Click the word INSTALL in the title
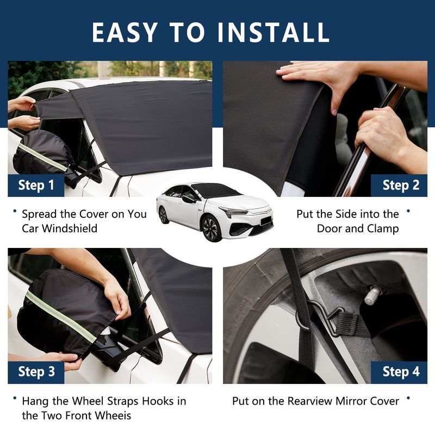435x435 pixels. click(x=274, y=33)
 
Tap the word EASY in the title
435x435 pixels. click(x=125, y=33)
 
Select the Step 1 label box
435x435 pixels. click(x=36, y=185)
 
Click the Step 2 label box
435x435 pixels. click(x=399, y=185)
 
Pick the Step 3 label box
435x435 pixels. click(x=36, y=372)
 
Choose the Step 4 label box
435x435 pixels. click(x=399, y=372)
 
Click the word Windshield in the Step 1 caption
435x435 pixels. click(x=70, y=228)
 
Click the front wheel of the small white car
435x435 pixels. click(x=211, y=228)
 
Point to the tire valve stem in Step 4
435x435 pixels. click(x=373, y=295)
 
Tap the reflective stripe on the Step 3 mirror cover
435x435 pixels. click(x=61, y=318)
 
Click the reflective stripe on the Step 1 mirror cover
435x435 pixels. click(x=43, y=157)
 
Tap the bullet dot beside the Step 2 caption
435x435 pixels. click(x=408, y=211)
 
